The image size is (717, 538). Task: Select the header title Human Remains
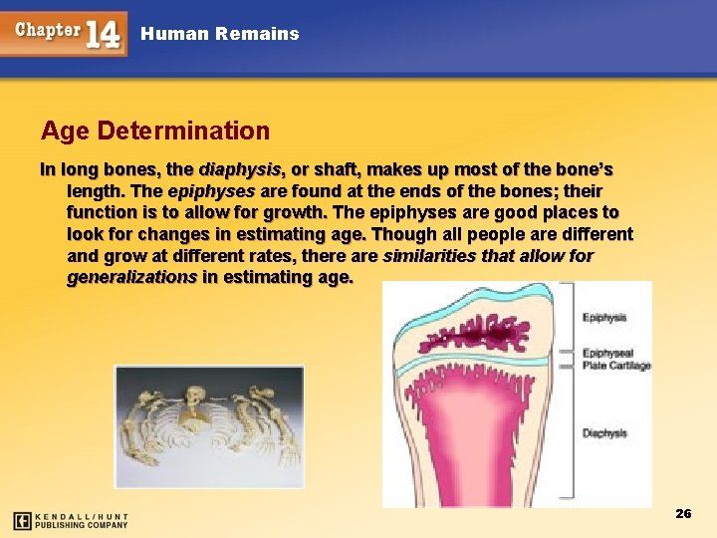tap(220, 34)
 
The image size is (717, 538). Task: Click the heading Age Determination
tap(155, 131)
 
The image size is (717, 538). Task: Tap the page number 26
tap(683, 514)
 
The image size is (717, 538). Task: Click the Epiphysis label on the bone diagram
tap(604, 318)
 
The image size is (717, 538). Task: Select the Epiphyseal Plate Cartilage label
tap(616, 359)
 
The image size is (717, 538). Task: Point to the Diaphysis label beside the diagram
tap(604, 433)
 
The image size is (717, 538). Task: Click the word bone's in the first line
tap(585, 169)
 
